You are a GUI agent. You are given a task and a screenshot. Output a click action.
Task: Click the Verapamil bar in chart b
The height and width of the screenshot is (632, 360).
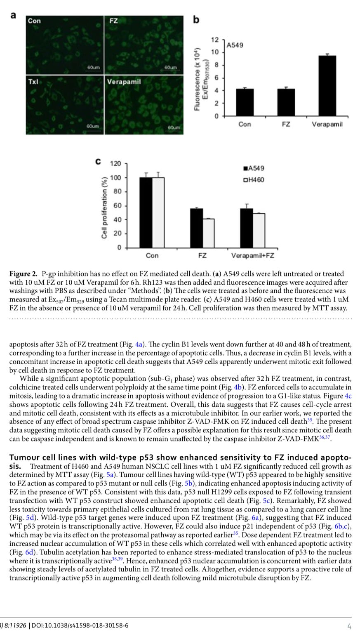pyautogui.click(x=327, y=85)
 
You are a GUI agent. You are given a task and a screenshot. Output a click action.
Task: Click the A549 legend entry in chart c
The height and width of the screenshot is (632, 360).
pyautogui.click(x=254, y=168)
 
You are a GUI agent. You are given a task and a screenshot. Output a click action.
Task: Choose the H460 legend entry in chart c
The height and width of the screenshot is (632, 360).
pyautogui.click(x=254, y=180)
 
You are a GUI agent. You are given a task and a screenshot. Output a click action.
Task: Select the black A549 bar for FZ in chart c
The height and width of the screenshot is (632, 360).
pyautogui.click(x=196, y=228)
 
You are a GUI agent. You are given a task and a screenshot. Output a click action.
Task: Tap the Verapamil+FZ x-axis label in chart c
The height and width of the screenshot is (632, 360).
pyautogui.click(x=252, y=256)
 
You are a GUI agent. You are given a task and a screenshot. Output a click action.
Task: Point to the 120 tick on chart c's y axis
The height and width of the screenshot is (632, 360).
pyautogui.click(x=115, y=163)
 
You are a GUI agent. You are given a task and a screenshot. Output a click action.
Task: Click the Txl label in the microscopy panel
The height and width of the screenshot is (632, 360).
pyautogui.click(x=33, y=82)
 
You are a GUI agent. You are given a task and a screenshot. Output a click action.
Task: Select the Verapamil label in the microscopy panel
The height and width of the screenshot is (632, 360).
pyautogui.click(x=124, y=82)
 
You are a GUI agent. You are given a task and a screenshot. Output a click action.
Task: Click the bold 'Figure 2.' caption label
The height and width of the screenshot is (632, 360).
pyautogui.click(x=24, y=274)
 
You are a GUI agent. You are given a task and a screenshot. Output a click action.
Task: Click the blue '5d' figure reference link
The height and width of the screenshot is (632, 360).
pyautogui.click(x=30, y=517)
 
